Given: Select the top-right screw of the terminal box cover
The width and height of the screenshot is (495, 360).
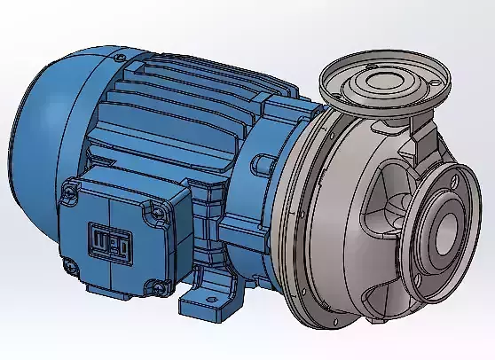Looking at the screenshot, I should [x=158, y=210].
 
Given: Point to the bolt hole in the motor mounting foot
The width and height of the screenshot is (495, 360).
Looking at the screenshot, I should [x=213, y=294].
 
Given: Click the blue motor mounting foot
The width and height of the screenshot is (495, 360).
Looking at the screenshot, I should [x=208, y=297].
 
